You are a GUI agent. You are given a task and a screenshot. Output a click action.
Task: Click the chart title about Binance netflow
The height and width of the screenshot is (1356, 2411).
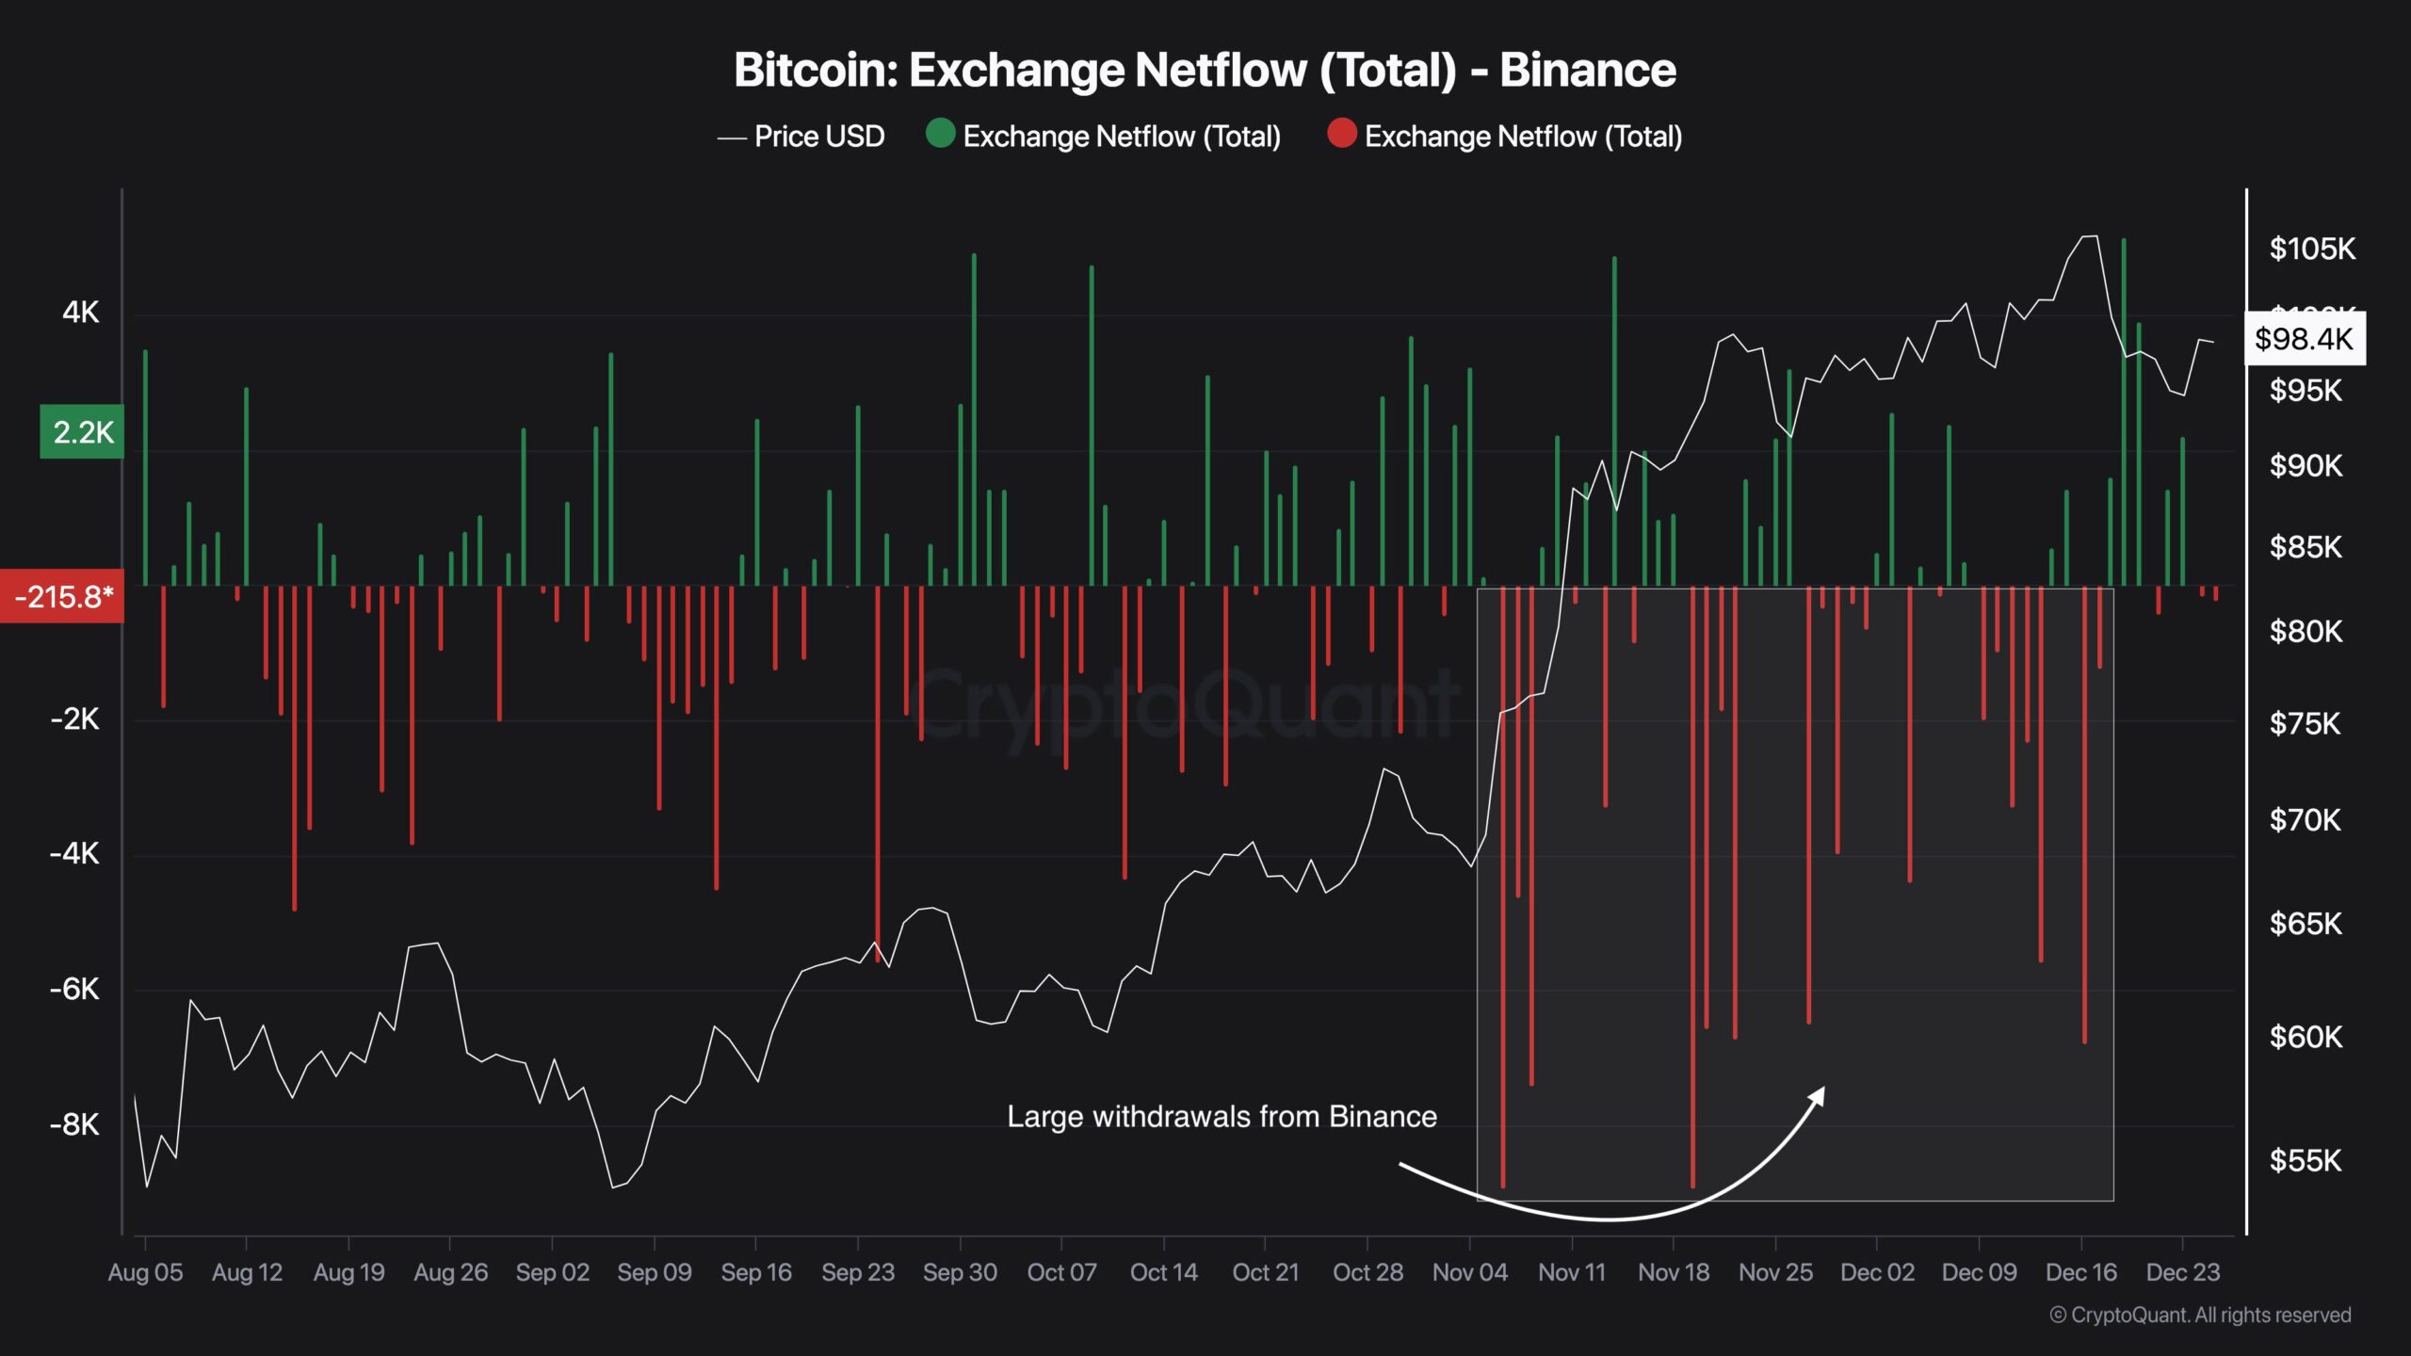tap(1205, 70)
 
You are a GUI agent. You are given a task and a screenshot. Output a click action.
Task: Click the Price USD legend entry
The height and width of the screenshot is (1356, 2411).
tap(801, 137)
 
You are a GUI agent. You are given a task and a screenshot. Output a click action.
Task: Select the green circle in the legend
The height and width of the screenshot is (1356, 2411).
tap(940, 134)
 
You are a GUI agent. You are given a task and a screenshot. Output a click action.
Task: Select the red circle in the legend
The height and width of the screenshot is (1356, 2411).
tap(1341, 134)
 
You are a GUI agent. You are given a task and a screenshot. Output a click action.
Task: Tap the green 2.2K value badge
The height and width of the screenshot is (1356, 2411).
tap(82, 432)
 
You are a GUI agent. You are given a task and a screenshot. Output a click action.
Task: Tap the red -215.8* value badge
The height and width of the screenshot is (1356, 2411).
tap(62, 596)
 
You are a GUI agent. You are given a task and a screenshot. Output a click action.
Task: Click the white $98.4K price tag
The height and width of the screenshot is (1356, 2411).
tap(2304, 339)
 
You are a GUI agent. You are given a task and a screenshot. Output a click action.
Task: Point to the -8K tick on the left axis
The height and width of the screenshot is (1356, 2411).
tap(74, 1124)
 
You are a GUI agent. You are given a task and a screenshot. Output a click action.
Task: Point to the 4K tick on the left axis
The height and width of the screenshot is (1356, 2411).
tap(80, 312)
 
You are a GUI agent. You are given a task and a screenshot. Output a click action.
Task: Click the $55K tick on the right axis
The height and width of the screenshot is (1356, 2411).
tap(2305, 1160)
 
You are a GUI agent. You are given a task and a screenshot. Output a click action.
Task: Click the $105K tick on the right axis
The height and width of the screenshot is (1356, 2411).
tap(2311, 249)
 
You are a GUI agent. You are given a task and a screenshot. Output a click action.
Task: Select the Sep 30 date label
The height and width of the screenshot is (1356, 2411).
tap(959, 1272)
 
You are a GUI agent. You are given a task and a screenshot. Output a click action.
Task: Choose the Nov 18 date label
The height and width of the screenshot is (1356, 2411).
tap(1673, 1272)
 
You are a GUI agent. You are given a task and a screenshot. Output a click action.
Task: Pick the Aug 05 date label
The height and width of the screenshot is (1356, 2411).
tap(145, 1272)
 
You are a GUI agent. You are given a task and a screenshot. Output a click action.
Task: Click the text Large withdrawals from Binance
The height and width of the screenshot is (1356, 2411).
tap(1222, 1117)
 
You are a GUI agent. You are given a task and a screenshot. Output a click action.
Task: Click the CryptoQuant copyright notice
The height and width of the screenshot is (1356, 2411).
tap(2200, 1315)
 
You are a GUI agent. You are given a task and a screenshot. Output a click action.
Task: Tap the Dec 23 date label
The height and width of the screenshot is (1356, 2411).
tap(2182, 1272)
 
